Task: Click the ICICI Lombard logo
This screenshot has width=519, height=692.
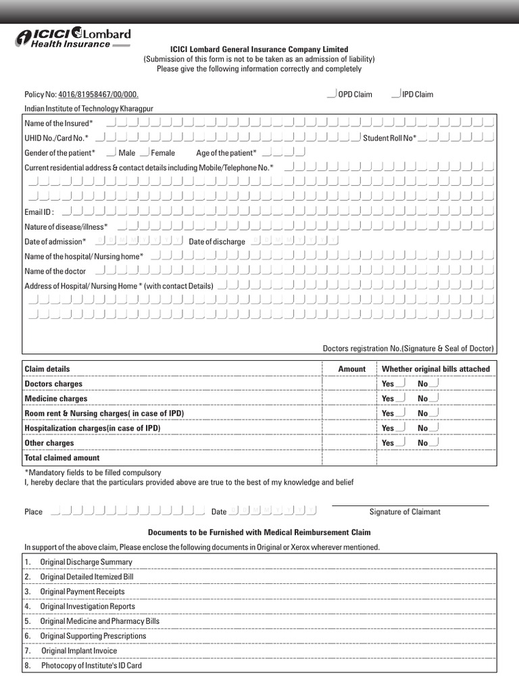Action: coord(73,38)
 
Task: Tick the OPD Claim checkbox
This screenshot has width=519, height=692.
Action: coord(331,93)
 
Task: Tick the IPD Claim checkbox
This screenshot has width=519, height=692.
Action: coord(396,93)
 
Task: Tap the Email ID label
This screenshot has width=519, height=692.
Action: coord(39,212)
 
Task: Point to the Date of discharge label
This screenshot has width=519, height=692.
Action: coord(217,242)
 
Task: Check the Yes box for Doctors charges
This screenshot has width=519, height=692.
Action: coord(401,383)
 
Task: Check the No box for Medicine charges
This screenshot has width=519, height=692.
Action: coord(433,398)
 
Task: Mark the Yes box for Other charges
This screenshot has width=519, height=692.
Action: coord(401,442)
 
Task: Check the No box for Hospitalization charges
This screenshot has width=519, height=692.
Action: coord(433,427)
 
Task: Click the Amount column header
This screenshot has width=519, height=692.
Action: coord(351,369)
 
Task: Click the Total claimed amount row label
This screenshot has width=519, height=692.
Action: coord(62,458)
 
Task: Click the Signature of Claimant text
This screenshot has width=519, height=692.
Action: coord(405,512)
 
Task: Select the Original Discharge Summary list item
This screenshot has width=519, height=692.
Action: coord(86,562)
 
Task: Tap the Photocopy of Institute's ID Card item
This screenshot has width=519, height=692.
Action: coord(91,666)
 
